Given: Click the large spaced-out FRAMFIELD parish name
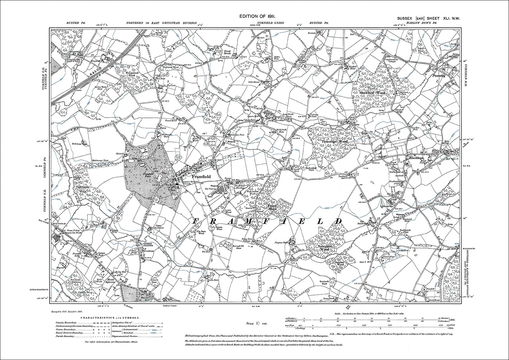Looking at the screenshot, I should pyautogui.click(x=267, y=221).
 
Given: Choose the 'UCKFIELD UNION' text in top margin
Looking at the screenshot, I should pyautogui.click(x=271, y=23).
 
